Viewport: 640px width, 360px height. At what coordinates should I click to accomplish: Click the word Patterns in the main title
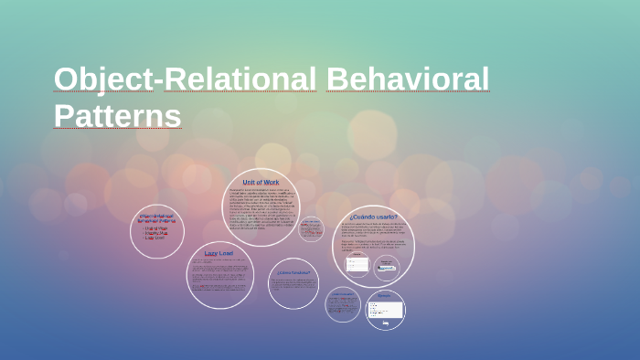117,116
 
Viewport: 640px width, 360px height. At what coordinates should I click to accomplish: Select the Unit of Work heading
261,182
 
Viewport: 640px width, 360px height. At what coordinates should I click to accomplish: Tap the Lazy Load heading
219,253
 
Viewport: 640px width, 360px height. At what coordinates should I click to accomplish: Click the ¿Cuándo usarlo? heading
373,217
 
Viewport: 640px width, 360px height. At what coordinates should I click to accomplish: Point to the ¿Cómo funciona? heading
293,272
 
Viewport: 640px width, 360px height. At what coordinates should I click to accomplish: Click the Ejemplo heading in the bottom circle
384,296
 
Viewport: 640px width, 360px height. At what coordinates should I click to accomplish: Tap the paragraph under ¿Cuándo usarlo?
373,236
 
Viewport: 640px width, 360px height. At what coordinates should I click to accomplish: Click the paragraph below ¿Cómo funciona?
293,286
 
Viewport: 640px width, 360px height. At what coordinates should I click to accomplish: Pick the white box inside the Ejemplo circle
384,310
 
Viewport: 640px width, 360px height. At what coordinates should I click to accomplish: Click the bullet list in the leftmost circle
156,234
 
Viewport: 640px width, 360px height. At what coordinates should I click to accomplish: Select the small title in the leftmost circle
156,219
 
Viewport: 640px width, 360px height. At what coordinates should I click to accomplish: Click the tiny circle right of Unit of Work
311,228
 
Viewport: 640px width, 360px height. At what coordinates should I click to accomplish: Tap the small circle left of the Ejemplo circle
343,304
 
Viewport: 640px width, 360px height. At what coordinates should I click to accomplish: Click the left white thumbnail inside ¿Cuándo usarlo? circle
357,264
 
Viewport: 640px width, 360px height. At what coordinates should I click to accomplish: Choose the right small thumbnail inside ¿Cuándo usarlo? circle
388,265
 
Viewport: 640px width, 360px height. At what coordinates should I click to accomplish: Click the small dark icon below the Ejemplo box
386,323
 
